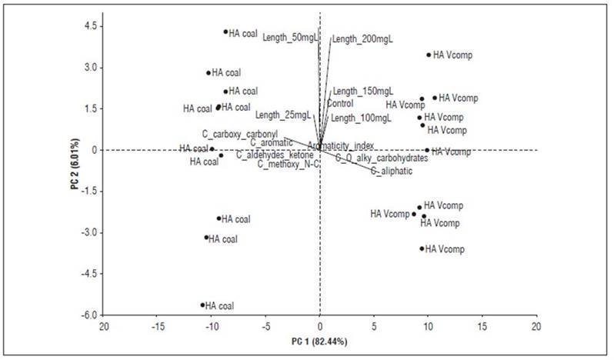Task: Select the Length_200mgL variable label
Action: click(x=362, y=39)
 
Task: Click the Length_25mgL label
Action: click(x=283, y=115)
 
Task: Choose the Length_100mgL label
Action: click(x=361, y=118)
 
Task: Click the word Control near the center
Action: click(x=340, y=103)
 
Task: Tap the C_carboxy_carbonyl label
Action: click(x=239, y=133)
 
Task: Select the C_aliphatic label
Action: click(x=391, y=171)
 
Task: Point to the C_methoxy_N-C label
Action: click(x=289, y=164)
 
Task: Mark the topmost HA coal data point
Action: click(x=225, y=32)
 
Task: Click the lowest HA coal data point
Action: click(x=202, y=305)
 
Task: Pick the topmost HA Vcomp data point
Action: click(x=429, y=55)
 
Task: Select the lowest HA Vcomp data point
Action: click(x=422, y=248)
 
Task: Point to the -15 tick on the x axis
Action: click(x=158, y=326)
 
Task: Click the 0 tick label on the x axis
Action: click(x=320, y=326)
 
